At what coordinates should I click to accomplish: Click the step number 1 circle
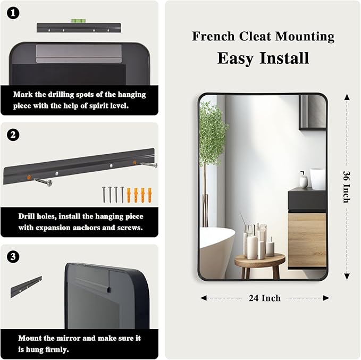pyautogui.click(x=14, y=12)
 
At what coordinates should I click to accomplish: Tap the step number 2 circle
pyautogui.click(x=14, y=135)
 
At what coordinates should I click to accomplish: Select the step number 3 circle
pyautogui.click(x=14, y=257)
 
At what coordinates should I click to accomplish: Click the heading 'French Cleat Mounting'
pyautogui.click(x=263, y=37)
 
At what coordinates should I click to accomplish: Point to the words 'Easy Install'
pyautogui.click(x=263, y=58)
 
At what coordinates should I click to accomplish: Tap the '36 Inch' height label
pyautogui.click(x=346, y=187)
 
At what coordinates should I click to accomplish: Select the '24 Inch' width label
pyautogui.click(x=265, y=298)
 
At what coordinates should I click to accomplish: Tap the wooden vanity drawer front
pyautogui.click(x=307, y=239)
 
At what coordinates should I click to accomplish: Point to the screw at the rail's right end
pyautogui.click(x=149, y=165)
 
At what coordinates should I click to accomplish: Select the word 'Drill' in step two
pyautogui.click(x=27, y=216)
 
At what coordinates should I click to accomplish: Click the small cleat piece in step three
pyautogui.click(x=26, y=287)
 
